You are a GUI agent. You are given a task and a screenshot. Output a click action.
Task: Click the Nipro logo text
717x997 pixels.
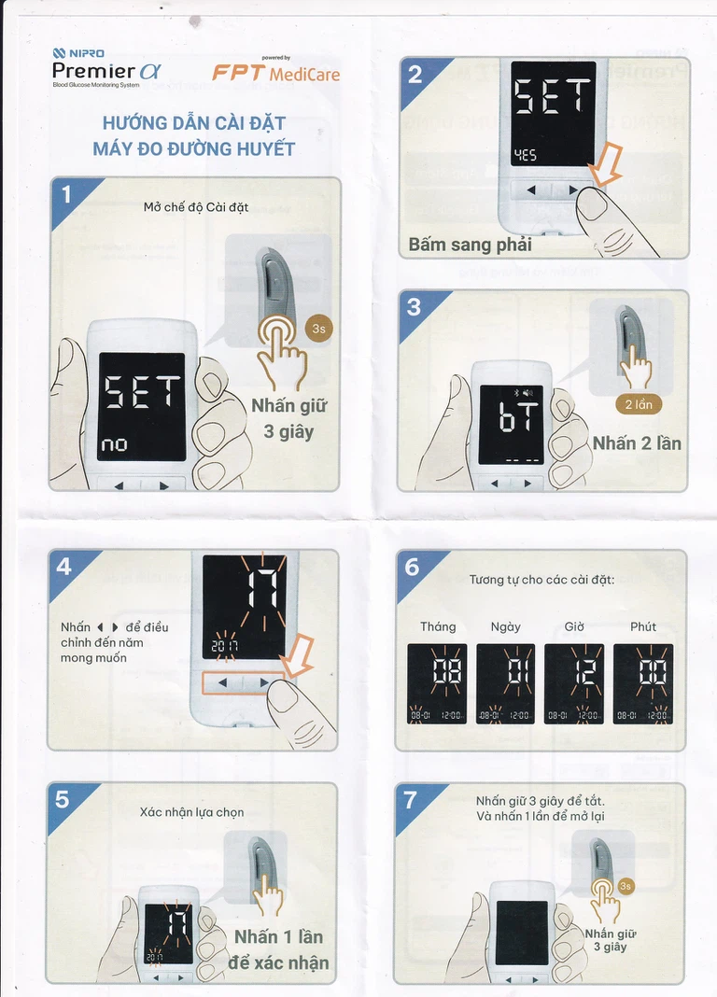tap(78, 53)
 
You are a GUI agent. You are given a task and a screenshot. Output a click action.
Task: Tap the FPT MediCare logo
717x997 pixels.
tap(275, 70)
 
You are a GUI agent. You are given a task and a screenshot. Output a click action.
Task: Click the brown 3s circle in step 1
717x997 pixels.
tap(318, 329)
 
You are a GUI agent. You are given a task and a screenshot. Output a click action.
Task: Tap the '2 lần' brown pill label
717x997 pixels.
tap(639, 404)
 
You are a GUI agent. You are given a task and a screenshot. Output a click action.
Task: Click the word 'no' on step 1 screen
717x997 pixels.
tap(115, 444)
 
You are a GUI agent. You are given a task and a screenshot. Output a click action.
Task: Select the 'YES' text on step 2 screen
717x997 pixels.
tap(526, 155)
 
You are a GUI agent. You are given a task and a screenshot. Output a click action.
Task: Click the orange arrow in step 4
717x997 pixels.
tap(297, 655)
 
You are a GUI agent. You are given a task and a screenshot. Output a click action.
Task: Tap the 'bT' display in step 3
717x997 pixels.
tap(519, 416)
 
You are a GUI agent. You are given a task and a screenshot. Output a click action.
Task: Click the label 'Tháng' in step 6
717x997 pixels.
tap(438, 627)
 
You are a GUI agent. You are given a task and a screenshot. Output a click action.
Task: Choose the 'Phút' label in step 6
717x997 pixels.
tap(643, 627)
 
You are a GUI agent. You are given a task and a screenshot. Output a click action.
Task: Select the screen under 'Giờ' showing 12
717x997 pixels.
tap(574, 684)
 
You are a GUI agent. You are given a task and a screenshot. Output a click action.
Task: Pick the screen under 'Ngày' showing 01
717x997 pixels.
tap(505, 684)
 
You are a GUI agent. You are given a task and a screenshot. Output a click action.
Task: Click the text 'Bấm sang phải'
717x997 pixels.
tap(470, 245)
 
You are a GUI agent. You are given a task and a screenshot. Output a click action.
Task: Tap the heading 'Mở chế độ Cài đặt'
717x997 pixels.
tap(196, 207)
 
